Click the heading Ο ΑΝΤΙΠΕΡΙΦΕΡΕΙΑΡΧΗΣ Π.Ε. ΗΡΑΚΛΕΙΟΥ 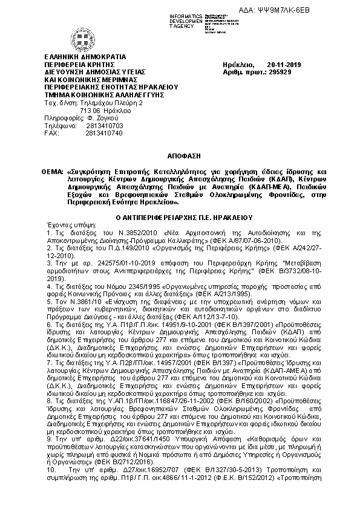point(180,216)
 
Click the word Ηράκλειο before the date point(238,65)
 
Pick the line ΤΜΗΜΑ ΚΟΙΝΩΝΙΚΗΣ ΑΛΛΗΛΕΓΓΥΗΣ point(96,95)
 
